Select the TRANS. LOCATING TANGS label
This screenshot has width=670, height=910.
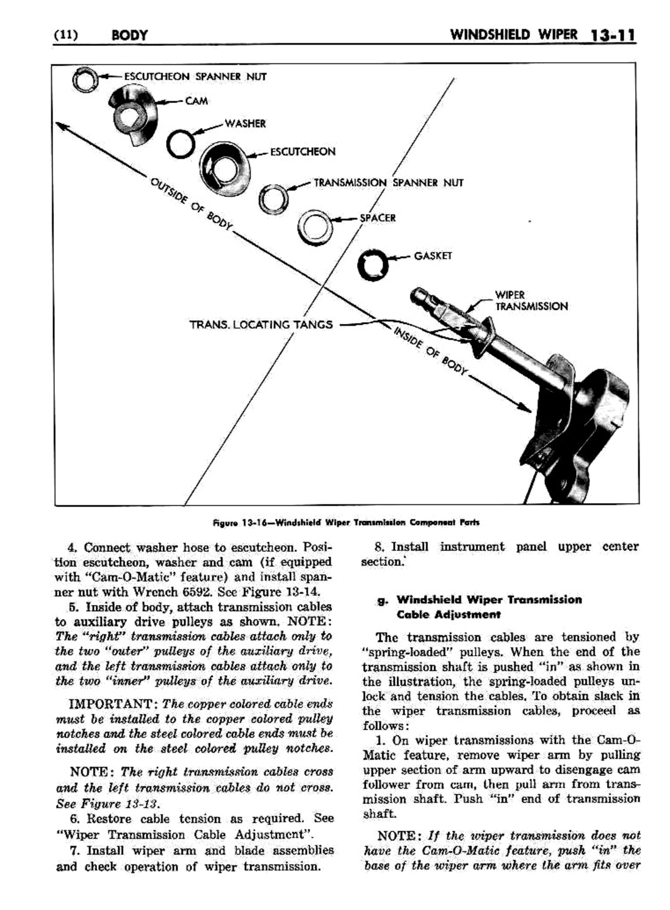tap(261, 324)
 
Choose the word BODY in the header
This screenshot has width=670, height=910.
tap(129, 35)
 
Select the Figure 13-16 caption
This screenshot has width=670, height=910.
tap(346, 522)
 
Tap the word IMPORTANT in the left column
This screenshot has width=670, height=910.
tap(113, 703)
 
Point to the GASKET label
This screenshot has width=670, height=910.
tap(433, 256)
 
